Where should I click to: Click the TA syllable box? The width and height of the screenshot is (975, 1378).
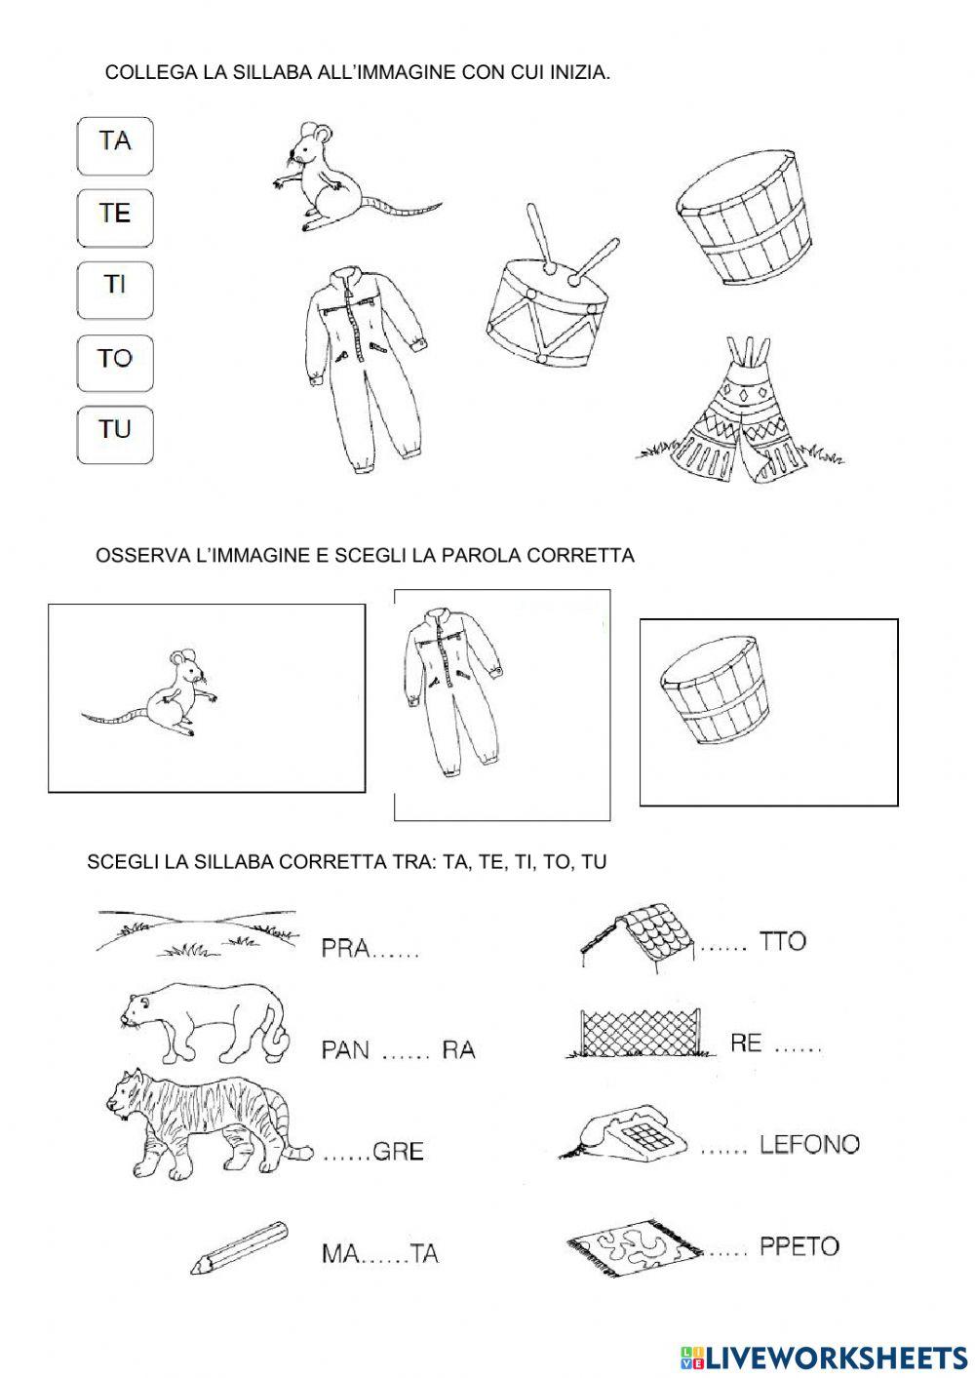pos(115,142)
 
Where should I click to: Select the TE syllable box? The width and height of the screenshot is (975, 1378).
pos(115,214)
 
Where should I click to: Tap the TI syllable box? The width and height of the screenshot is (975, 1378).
pos(115,286)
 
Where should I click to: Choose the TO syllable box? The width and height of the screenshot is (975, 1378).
pos(115,358)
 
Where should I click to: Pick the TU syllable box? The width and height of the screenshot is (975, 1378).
pos(115,429)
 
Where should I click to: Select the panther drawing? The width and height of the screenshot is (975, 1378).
pos(205,1024)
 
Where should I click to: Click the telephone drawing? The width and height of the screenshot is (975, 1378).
pos(624,1136)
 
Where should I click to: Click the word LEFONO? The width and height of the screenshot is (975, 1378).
pos(809,1144)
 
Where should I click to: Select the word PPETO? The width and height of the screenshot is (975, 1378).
pos(799,1246)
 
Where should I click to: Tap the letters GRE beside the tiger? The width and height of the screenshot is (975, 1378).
pos(399,1152)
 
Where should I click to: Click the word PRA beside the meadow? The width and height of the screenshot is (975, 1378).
pos(345,949)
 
